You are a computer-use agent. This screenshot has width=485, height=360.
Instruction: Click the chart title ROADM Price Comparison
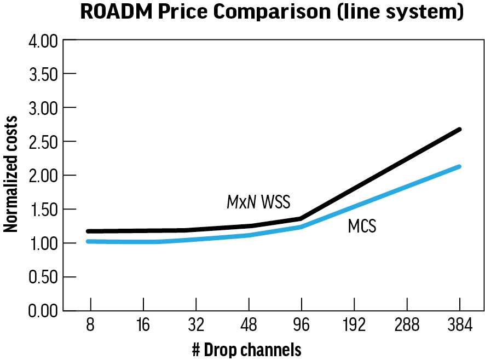272,12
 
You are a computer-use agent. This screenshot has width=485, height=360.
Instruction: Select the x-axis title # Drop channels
246,350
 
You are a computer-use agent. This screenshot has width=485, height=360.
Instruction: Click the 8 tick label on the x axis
90,326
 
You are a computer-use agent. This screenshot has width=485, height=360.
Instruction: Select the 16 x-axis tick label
142,326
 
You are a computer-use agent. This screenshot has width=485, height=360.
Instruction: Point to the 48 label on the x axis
249,326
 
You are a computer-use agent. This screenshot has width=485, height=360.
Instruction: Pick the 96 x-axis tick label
301,326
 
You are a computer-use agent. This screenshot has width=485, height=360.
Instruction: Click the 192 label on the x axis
354,326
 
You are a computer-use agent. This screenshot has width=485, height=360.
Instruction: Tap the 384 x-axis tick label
459,326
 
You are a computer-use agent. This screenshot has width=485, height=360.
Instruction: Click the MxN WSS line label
258,202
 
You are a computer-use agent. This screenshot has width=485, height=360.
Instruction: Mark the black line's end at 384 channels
459,130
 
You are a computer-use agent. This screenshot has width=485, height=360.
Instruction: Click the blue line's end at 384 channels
459,166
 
